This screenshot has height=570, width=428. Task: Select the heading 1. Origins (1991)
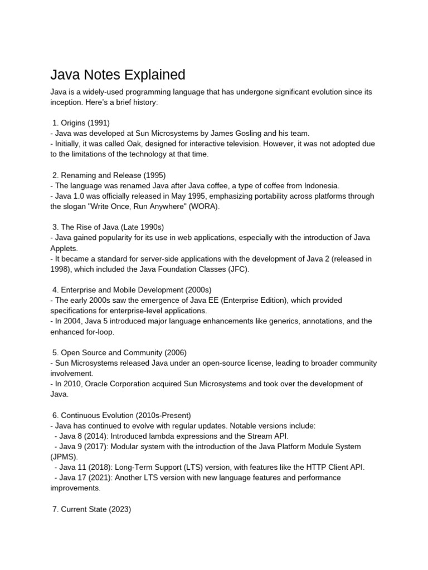[81, 122]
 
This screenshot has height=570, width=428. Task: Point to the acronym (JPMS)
[66, 456]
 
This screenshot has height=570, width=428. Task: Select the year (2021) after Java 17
[93, 478]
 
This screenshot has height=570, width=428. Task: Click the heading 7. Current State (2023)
[91, 509]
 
